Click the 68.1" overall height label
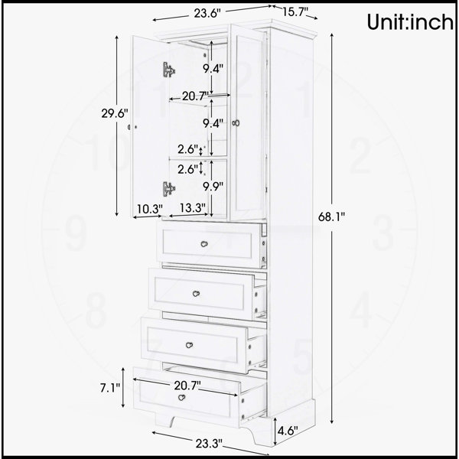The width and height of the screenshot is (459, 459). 332,217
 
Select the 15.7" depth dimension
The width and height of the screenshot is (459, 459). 295,12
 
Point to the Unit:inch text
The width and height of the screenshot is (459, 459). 410,22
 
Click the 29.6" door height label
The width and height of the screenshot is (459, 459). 115,113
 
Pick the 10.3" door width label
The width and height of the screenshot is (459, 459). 150,210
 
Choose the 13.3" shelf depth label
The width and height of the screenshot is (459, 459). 193,208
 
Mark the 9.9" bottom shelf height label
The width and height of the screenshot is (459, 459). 213,186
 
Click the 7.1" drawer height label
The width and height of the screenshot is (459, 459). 110,388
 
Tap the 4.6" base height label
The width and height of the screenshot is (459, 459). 288,431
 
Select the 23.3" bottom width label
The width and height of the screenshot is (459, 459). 209,444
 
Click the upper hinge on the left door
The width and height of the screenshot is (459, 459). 169,70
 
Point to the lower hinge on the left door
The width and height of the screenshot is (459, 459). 169,189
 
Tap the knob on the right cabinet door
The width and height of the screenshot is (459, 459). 236,123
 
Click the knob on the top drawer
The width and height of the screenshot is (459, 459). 204,243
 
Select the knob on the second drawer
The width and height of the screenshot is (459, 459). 196,294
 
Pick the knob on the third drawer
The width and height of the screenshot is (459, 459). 190,345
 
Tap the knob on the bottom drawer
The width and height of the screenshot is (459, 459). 182,398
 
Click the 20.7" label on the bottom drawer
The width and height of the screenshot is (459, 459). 187,386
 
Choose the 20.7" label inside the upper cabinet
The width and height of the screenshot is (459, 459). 195,96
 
